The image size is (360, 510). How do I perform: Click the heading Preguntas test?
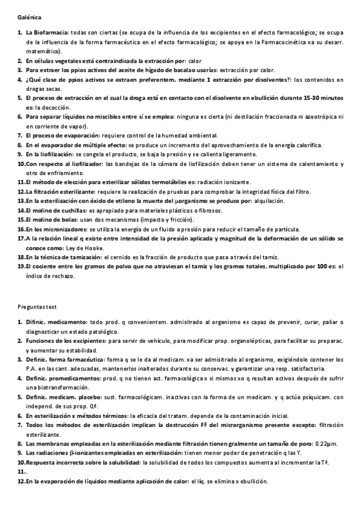(38, 306)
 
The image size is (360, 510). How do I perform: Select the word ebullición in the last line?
(252, 482)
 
